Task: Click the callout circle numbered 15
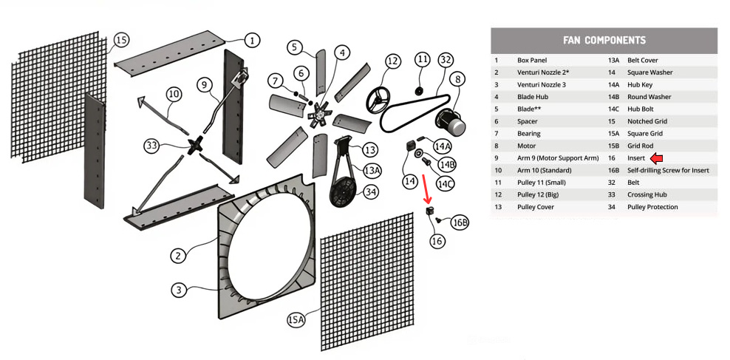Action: [122, 39]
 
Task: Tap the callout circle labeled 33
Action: [151, 146]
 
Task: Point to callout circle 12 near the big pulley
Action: [392, 61]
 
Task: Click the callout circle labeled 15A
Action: [296, 319]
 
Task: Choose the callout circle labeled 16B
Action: [460, 223]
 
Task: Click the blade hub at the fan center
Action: [321, 114]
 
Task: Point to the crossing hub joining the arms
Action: [197, 145]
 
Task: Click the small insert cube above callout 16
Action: [429, 213]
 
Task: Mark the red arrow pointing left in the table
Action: [656, 158]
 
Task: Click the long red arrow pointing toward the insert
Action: [426, 188]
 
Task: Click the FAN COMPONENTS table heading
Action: [604, 40]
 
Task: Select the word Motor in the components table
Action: [527, 146]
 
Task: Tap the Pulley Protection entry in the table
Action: [652, 207]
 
